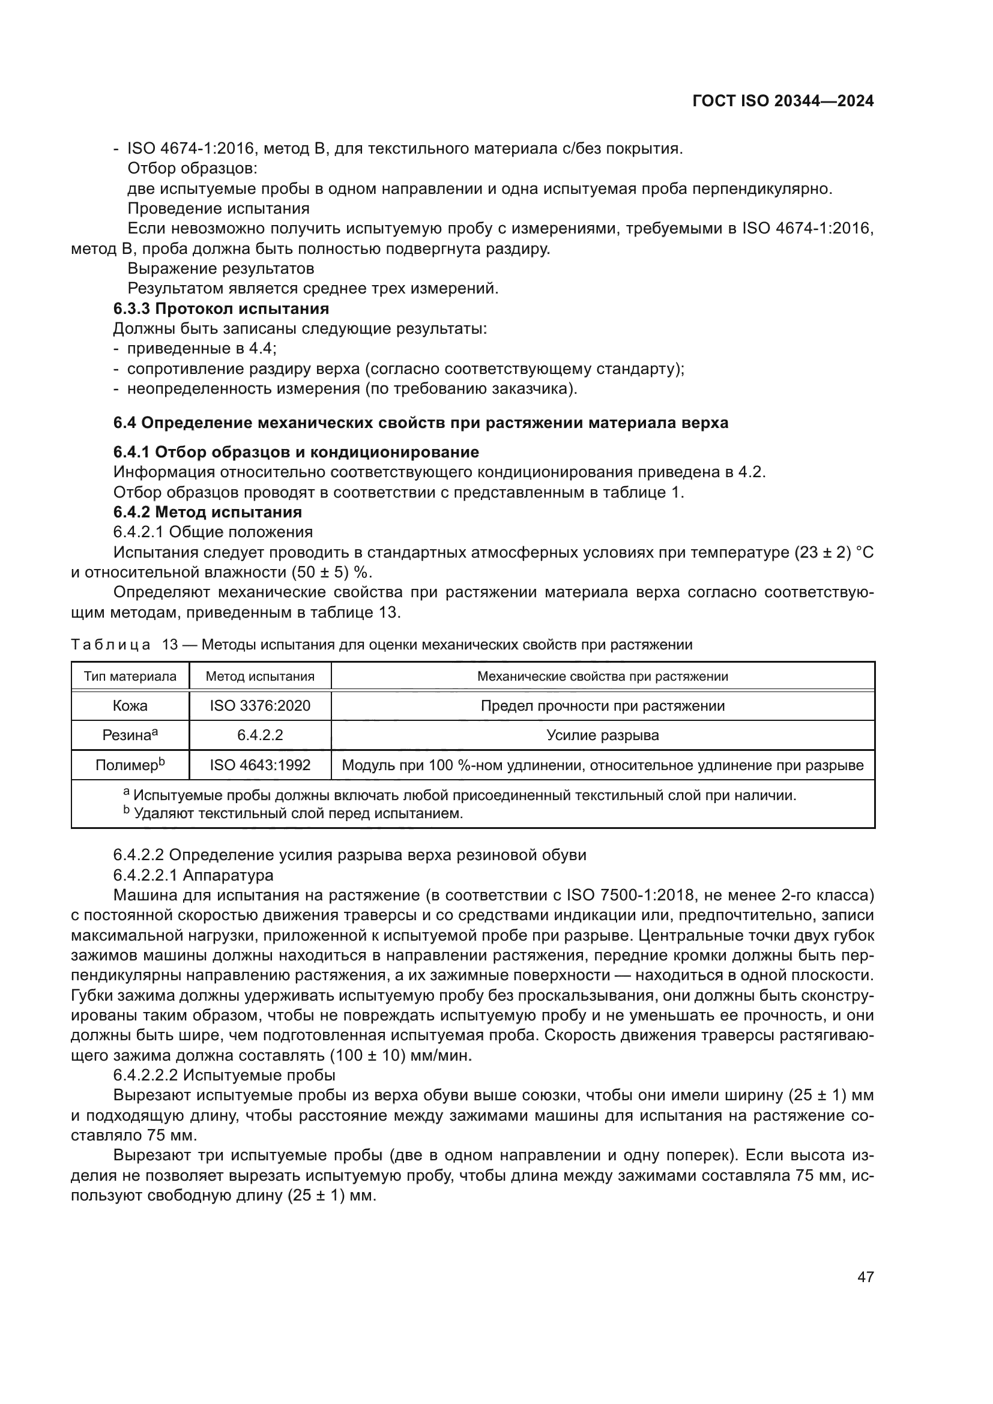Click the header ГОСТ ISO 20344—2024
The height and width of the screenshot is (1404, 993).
pyautogui.click(x=783, y=101)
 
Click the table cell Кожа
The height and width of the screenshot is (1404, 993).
pyautogui.click(x=130, y=706)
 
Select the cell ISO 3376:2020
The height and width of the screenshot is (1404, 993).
pyautogui.click(x=260, y=706)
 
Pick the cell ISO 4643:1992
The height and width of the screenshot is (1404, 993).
pyautogui.click(x=260, y=765)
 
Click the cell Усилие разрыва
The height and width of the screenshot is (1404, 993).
pyautogui.click(x=602, y=735)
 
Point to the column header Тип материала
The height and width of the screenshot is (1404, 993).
pyautogui.click(x=130, y=676)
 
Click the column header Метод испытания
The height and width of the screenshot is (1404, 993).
pyautogui.click(x=260, y=676)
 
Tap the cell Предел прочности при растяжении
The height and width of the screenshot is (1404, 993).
pyautogui.click(x=602, y=706)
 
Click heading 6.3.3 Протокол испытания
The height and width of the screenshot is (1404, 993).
pyautogui.click(x=222, y=309)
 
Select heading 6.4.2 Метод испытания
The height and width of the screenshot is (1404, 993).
pyautogui.click(x=208, y=512)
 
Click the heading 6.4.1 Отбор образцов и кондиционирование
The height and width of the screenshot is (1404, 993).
pyautogui.click(x=296, y=452)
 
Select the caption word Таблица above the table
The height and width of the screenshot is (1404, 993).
pyautogui.click(x=110, y=645)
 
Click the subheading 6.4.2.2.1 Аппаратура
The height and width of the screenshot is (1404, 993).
pyautogui.click(x=193, y=875)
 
